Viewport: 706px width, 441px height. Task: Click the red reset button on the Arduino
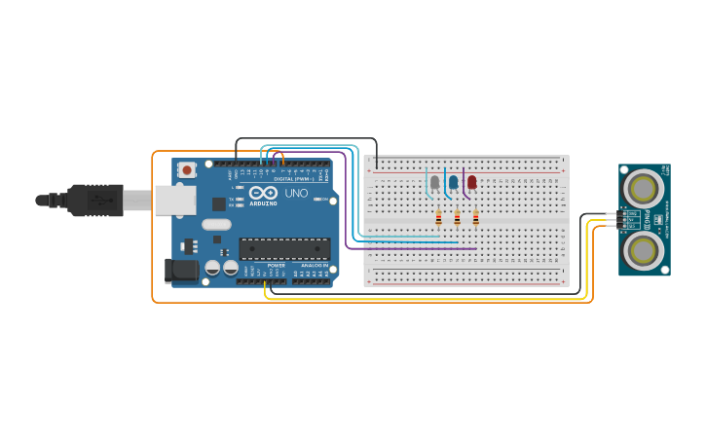coord(187,169)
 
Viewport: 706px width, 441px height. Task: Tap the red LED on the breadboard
coord(472,182)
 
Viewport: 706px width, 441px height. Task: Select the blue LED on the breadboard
coord(453,182)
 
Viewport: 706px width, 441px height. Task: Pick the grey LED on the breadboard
coord(434,182)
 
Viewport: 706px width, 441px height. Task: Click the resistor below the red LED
coord(475,218)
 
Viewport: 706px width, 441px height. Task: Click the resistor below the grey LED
coord(438,218)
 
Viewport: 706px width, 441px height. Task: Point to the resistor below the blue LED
coord(457,218)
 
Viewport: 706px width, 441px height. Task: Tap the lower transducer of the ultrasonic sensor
coord(643,250)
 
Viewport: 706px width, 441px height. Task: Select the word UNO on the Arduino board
coord(296,193)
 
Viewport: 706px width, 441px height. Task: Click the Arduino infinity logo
coord(263,193)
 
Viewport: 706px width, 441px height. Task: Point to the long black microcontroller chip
coord(284,248)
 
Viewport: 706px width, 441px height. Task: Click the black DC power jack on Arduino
coord(182,271)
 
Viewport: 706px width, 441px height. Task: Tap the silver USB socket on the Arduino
coord(174,201)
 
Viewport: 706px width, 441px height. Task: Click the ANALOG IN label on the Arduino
coord(314,265)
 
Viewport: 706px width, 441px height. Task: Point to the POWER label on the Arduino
coord(277,265)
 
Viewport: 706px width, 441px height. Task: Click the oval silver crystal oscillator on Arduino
coord(216,225)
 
